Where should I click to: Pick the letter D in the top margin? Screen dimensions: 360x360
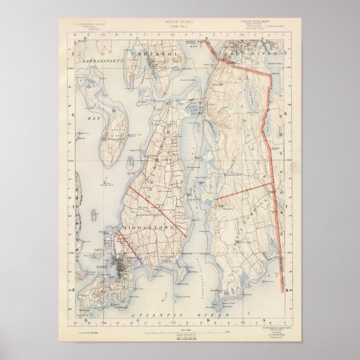[x=85, y=38]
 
